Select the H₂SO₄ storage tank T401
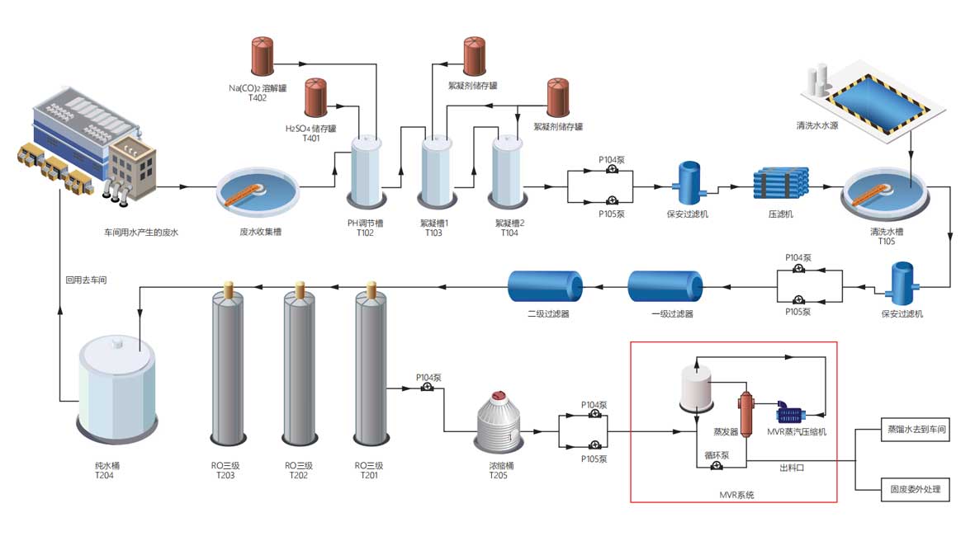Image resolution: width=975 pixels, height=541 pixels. pyautogui.click(x=316, y=97)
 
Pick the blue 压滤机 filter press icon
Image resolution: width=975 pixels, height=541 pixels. pyautogui.click(x=781, y=183)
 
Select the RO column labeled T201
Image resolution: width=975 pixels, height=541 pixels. pyautogui.click(x=370, y=367)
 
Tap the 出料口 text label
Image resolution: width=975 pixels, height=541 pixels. pyautogui.click(x=792, y=468)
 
